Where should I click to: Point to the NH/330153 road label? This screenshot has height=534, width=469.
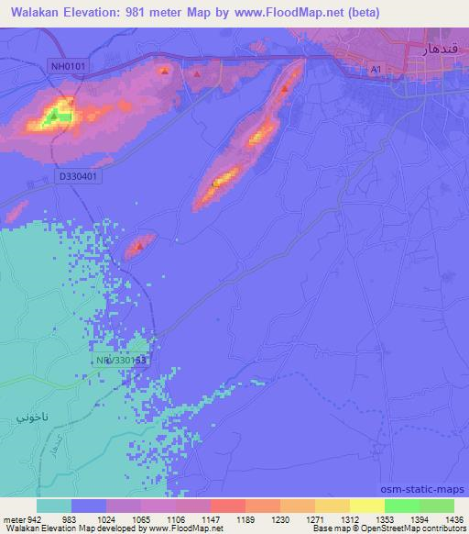122,361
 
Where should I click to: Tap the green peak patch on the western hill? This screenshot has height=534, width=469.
53,116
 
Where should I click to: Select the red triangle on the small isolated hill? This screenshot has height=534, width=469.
139,245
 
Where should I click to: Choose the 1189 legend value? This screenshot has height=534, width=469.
245,519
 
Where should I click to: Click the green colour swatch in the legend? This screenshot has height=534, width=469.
400,506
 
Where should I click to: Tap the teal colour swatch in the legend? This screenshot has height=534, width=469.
54,506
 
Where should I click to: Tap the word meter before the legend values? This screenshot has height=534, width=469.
14,519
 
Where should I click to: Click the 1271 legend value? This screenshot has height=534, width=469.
314,519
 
